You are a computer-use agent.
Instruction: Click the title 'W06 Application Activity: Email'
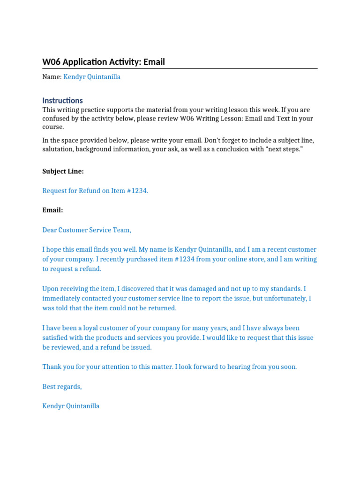104,62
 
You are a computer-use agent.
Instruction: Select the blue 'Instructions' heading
62,100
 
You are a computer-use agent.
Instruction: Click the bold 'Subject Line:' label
63,171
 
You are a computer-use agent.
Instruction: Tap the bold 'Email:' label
52,210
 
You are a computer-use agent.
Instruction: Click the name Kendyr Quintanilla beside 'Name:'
92,77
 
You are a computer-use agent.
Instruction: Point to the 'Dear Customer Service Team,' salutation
87,230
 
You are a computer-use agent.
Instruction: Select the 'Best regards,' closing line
62,387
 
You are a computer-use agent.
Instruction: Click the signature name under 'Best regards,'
71,406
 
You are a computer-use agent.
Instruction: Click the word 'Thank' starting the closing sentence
52,367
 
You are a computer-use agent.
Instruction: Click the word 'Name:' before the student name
52,77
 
